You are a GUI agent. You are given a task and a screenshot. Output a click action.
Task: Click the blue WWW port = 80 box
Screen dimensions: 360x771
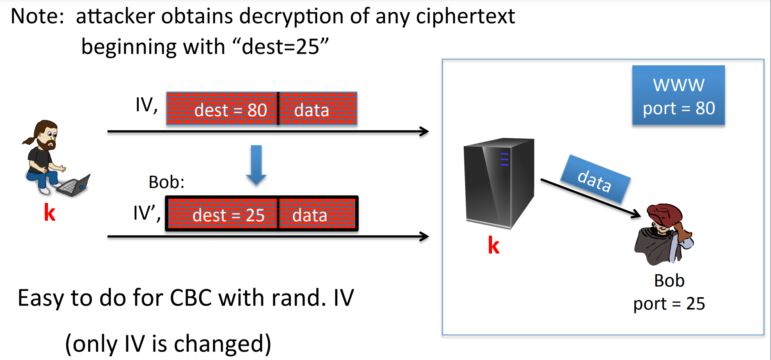coord(678,95)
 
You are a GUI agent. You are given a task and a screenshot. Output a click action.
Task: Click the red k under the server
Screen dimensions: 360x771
coord(494,245)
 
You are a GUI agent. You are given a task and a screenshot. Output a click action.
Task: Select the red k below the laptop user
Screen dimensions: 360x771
coord(50,213)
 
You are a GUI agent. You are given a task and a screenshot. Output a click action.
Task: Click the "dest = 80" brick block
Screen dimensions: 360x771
coord(222,109)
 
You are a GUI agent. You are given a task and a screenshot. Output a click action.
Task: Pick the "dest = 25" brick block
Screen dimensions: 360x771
coord(222,214)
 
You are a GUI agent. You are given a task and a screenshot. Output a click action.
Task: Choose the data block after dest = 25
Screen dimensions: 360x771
coord(317,214)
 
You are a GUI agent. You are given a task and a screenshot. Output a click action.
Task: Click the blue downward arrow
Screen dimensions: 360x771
coord(256,164)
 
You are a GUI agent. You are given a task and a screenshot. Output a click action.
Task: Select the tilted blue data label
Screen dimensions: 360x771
coord(595,179)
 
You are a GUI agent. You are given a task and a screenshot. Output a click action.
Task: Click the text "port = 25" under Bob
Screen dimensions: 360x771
coord(669,304)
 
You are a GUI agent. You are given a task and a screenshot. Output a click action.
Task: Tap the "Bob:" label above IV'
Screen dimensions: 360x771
coord(166,182)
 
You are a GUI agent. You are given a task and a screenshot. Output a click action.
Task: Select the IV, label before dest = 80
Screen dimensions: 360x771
coord(146,105)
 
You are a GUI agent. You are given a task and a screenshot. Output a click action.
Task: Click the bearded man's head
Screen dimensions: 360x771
coord(46,133)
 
